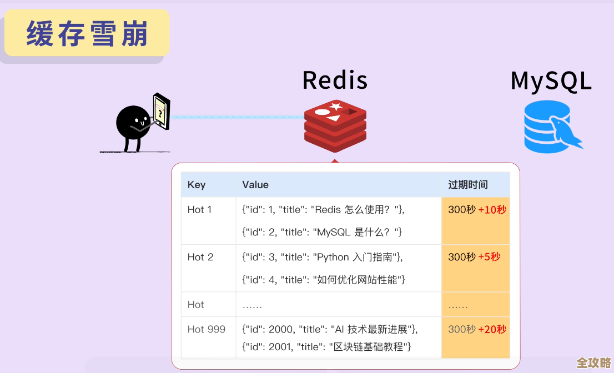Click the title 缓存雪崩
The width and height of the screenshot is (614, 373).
click(x=87, y=34)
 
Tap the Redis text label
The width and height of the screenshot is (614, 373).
click(x=335, y=80)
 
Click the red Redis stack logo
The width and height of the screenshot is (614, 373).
click(x=335, y=126)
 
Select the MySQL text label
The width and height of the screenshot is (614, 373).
click(x=551, y=81)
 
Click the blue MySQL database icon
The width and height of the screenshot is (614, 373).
click(x=550, y=127)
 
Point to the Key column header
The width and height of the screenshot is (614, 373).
click(x=197, y=185)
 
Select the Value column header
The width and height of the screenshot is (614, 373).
click(x=255, y=185)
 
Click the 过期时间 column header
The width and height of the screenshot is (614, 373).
click(x=468, y=185)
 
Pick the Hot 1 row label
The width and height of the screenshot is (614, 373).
click(x=199, y=210)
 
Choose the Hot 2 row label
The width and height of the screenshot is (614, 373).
click(x=200, y=257)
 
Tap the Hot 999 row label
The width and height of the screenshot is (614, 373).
click(x=206, y=329)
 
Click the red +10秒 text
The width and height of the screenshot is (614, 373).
click(x=492, y=210)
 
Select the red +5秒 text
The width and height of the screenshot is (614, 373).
click(x=489, y=257)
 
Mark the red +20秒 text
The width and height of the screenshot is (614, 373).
click(x=492, y=329)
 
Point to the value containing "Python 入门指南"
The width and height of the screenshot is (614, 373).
click(x=323, y=257)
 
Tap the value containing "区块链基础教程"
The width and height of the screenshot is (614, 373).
click(x=326, y=347)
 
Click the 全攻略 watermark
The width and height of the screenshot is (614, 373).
click(x=593, y=362)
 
